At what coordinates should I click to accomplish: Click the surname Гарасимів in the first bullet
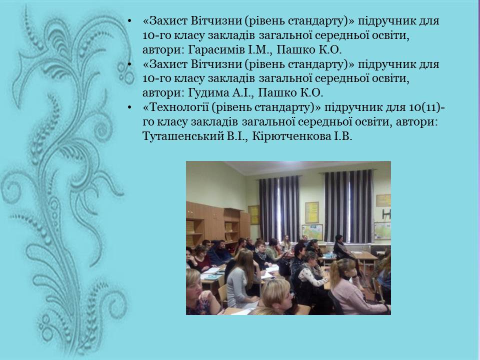point(216,49)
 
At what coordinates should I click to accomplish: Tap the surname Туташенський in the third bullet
point(183,136)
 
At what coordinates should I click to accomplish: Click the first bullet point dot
point(129,21)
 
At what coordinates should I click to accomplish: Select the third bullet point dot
point(129,107)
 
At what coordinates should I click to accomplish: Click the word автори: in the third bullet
point(416,122)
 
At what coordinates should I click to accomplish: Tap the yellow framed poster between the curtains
point(312,212)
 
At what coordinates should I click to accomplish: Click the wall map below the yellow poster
point(312,232)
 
